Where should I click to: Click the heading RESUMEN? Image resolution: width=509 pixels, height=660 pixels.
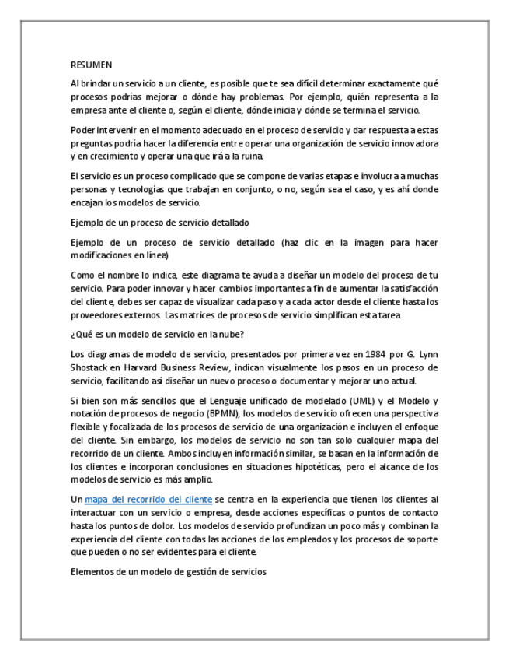(91, 66)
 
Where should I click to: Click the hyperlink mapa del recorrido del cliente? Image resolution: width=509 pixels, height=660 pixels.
(148, 498)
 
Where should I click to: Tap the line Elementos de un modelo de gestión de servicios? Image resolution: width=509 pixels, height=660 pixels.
(168, 573)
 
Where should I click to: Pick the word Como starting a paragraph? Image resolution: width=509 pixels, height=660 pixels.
(82, 276)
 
